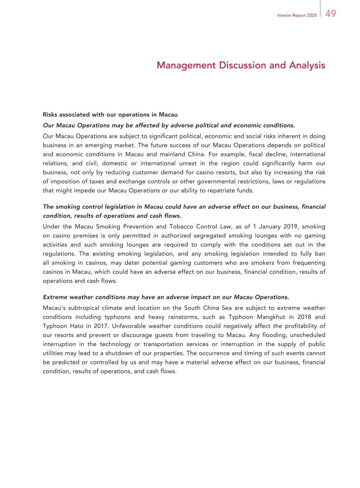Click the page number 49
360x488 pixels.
coord(331,14)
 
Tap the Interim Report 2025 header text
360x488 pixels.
coord(297,16)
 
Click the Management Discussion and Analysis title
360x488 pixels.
coord(241,65)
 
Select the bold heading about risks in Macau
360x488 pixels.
coord(110,115)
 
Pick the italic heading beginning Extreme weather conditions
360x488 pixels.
coord(166,297)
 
